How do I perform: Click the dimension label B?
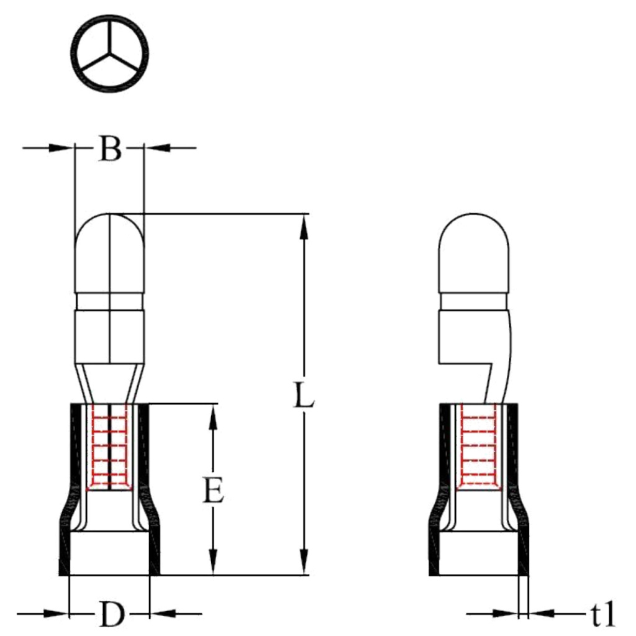tap(110, 149)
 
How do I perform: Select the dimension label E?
tap(213, 490)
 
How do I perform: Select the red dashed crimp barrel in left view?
tap(109, 446)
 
